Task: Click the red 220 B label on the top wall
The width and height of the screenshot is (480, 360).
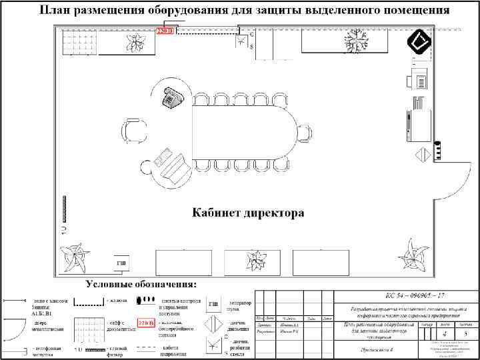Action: pos(165,31)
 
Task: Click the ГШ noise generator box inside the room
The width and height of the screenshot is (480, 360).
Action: pos(121,264)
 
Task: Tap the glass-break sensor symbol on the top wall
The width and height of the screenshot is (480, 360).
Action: pos(239,38)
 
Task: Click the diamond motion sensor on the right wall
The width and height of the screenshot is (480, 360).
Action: pos(422,156)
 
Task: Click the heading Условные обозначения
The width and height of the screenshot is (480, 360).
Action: pos(141,285)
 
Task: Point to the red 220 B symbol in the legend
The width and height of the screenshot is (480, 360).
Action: pos(146,323)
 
